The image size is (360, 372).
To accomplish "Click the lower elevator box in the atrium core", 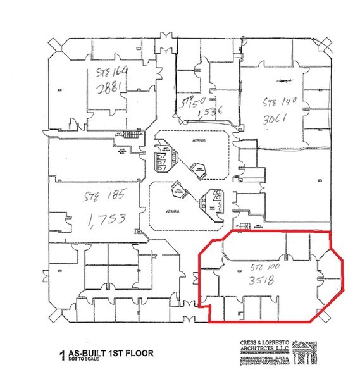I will point(209,202).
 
